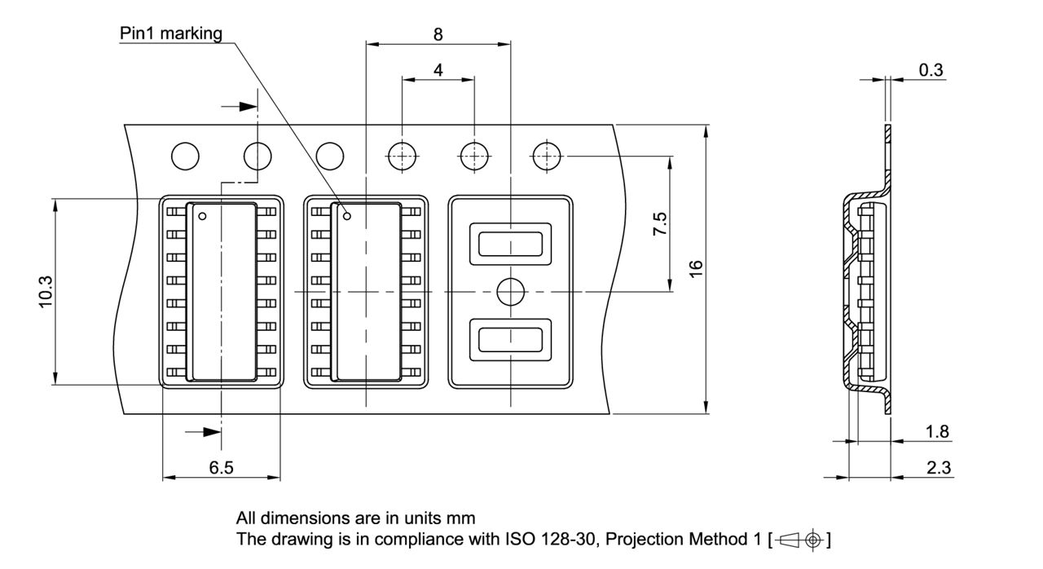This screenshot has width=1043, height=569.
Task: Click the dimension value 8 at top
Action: click(438, 34)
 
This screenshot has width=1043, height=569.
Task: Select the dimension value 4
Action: click(438, 70)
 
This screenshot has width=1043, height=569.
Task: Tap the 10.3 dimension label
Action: click(46, 291)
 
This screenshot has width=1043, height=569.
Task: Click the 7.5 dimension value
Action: click(659, 224)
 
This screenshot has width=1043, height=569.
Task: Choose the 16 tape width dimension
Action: click(695, 269)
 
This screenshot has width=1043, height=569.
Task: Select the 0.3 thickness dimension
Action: click(931, 70)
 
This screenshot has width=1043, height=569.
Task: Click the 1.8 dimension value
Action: click(938, 431)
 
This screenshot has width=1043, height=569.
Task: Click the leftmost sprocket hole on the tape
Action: click(185, 156)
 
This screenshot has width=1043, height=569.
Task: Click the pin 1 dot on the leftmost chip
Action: click(203, 216)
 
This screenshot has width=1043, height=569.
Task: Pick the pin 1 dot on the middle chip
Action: click(347, 216)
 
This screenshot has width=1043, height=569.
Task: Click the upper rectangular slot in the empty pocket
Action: click(510, 243)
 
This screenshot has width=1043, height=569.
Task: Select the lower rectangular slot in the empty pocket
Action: click(510, 339)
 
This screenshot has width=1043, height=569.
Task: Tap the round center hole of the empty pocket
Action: click(510, 291)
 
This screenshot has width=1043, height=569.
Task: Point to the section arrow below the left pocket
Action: click(209, 432)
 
